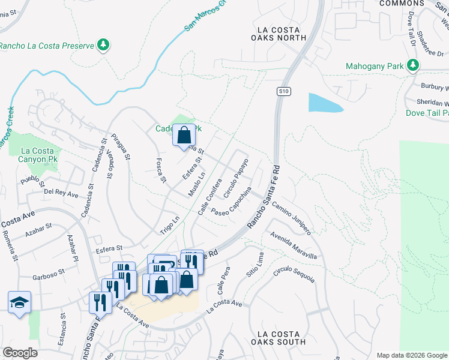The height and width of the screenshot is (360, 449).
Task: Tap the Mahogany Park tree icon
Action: click(x=413, y=65)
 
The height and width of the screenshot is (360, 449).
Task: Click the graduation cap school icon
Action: click(x=19, y=303)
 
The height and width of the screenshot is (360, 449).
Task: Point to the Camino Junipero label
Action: click(x=291, y=218)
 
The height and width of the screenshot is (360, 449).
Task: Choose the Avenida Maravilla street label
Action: click(x=293, y=245)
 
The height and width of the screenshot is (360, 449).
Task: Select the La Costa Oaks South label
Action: click(x=281, y=338)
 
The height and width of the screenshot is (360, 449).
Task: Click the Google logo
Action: click(x=20, y=353)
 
